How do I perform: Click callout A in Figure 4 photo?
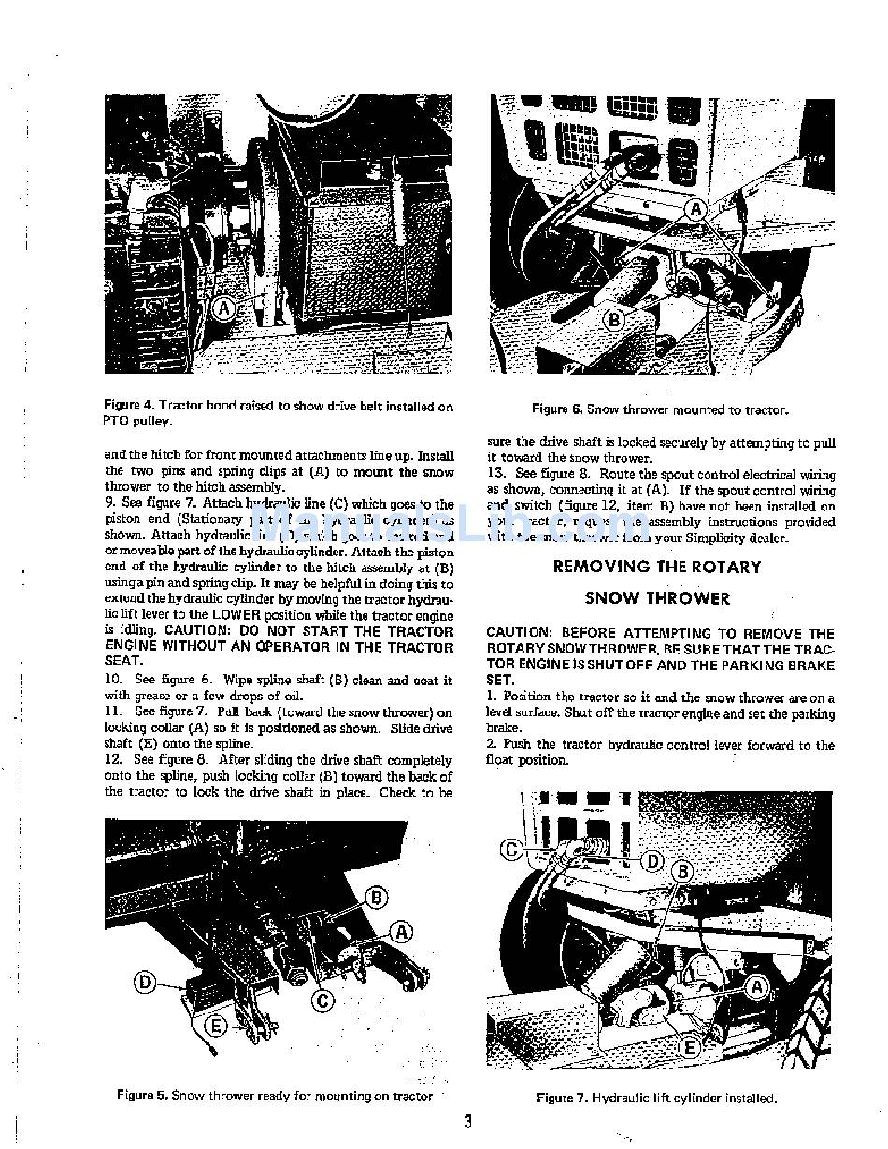point(223,308)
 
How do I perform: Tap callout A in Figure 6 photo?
point(696,210)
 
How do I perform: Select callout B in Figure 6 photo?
point(614,320)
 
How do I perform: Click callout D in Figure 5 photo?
point(146,982)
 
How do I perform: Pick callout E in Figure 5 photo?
point(216,1026)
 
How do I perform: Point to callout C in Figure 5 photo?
point(322,1001)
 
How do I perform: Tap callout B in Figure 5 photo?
point(376,898)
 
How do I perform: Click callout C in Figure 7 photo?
point(511,850)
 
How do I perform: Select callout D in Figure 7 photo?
point(653,860)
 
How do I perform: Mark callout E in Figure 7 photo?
point(689,1047)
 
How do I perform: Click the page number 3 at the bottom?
point(467,1122)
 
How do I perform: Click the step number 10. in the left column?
point(118,680)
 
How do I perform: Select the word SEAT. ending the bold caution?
point(123,660)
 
